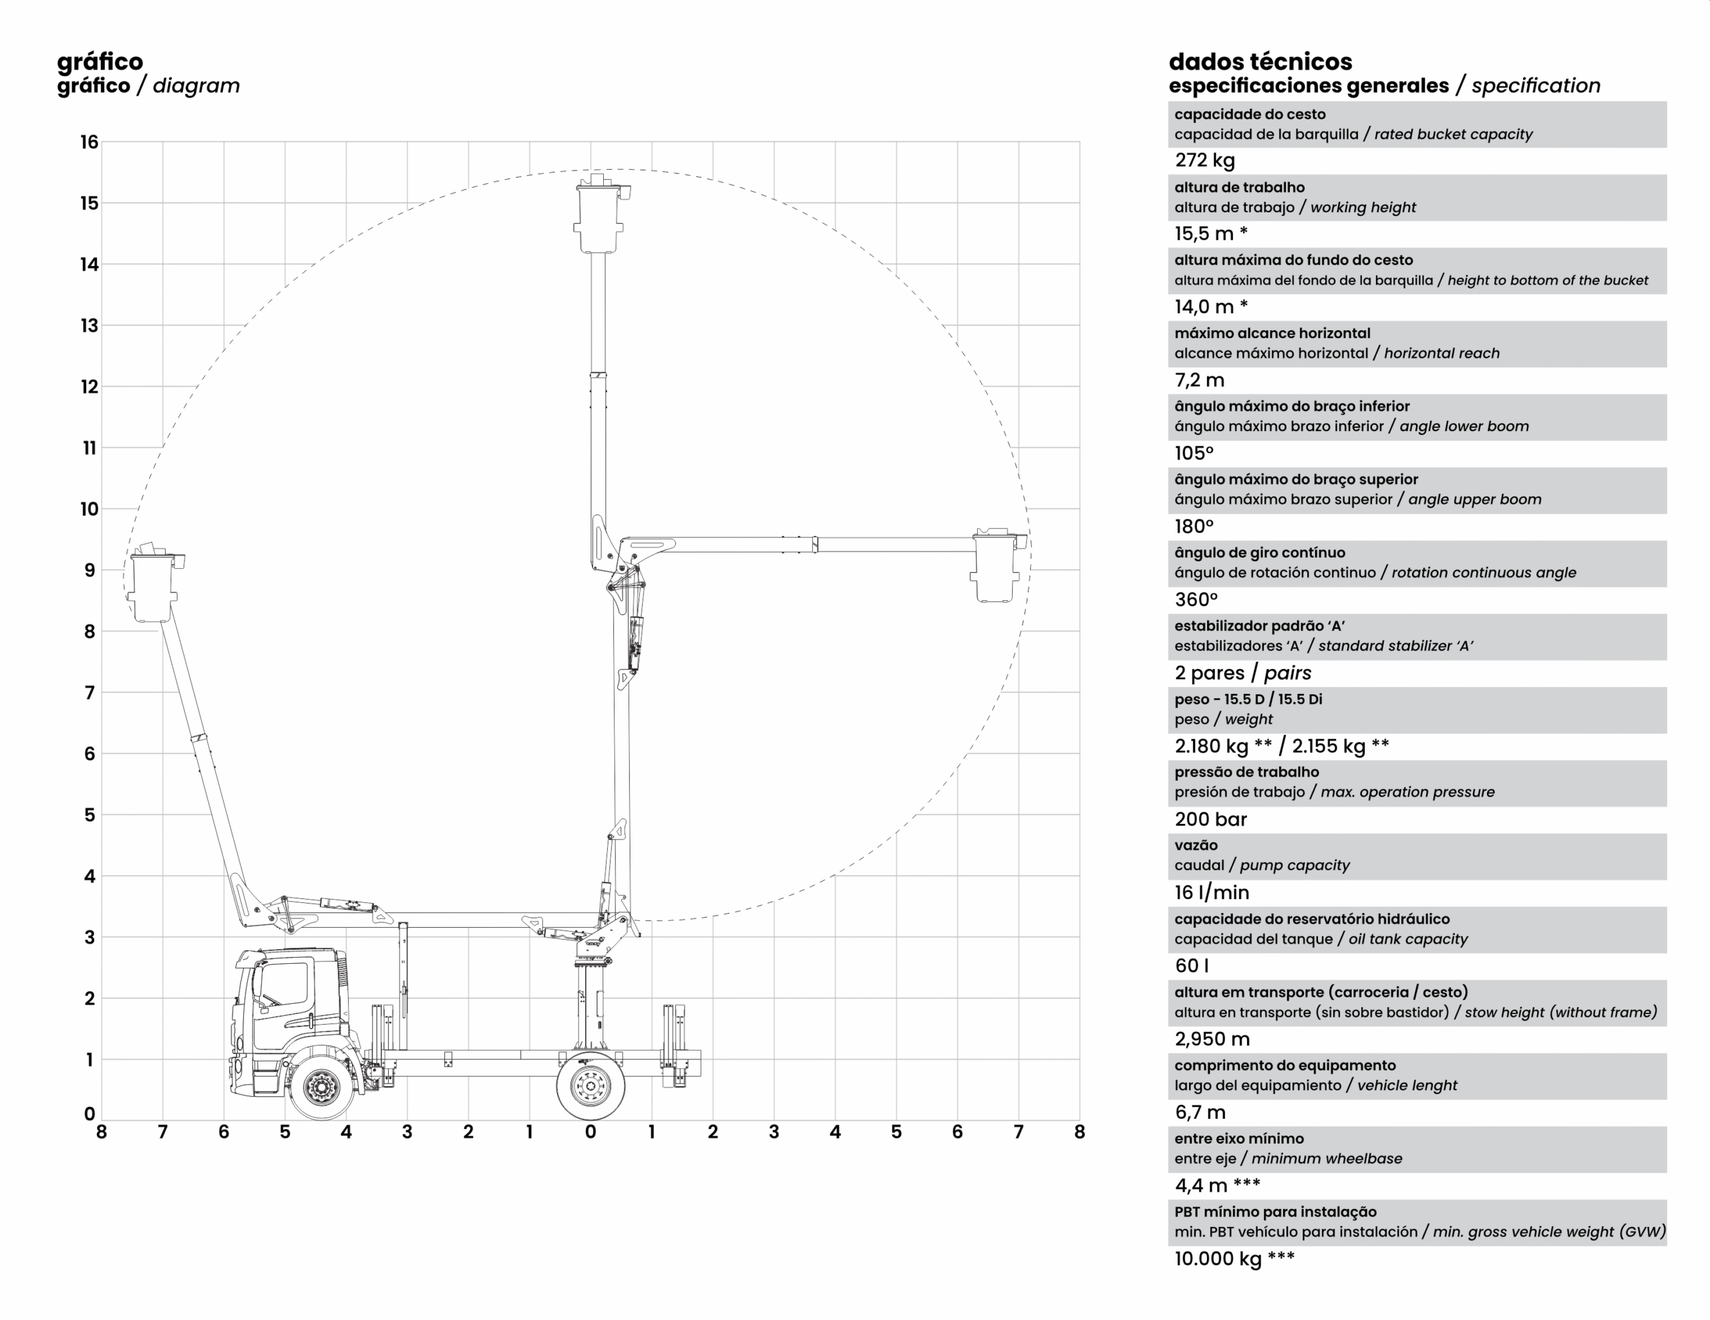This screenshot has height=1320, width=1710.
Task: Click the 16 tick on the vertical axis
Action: click(90, 142)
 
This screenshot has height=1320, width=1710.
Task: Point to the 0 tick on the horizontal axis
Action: click(590, 1132)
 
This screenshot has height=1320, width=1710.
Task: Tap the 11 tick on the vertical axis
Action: click(90, 448)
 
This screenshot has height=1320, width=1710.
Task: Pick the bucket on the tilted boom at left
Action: click(153, 586)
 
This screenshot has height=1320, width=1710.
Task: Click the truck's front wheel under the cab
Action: click(319, 1086)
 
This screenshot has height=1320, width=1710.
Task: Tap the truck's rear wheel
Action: click(590, 1086)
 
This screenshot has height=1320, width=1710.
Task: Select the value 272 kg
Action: click(1204, 160)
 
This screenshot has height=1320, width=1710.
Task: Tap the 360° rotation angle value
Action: click(1196, 600)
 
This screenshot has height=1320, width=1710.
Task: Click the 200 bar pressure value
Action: click(1210, 819)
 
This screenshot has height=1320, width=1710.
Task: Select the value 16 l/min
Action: click(1211, 892)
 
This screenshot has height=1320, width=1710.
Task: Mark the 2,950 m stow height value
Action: click(1211, 1039)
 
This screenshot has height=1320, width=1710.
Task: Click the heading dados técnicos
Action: click(1260, 62)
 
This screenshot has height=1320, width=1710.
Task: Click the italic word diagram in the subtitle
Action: click(196, 86)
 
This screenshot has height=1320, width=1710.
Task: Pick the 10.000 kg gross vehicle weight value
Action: click(1218, 1259)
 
